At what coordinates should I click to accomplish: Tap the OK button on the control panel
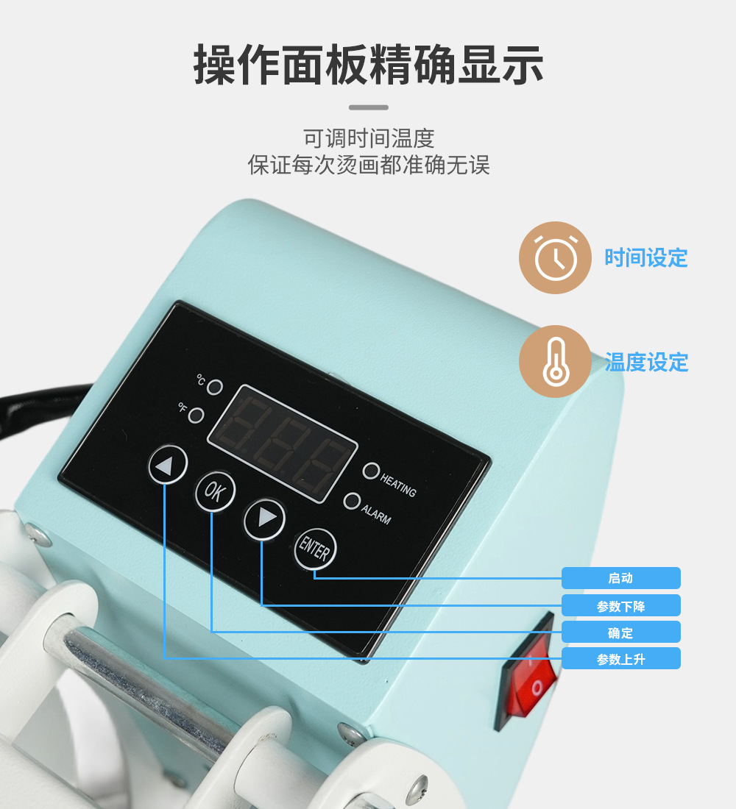coord(215,491)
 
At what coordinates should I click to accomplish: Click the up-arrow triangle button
coord(167,464)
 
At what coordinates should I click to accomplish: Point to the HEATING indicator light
coord(371,471)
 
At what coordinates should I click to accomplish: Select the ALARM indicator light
coord(352,500)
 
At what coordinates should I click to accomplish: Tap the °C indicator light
coord(215,387)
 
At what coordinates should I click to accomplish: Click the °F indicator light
coord(196,415)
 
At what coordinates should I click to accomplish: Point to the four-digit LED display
coord(283,443)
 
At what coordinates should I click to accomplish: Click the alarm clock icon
coord(555,257)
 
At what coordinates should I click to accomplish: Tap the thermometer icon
coord(555,361)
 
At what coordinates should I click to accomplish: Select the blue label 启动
coord(621,578)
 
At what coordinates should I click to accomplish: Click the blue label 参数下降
coord(621,606)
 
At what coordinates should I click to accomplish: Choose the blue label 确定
coord(621,632)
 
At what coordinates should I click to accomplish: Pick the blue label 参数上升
coord(621,659)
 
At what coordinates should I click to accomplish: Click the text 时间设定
coord(646,257)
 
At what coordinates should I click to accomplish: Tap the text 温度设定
coord(646,362)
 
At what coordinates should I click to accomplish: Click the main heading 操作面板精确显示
coord(368,65)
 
